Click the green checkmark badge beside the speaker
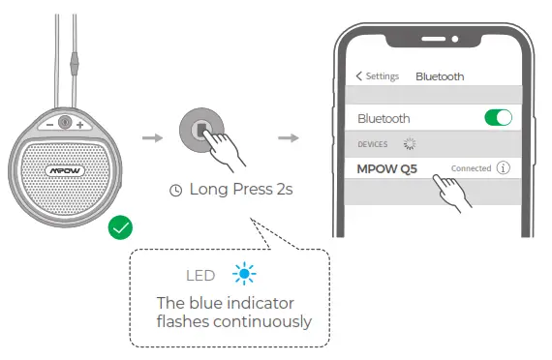click(x=121, y=229)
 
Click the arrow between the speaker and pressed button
click(x=153, y=137)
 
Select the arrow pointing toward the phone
click(x=288, y=137)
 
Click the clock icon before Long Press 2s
click(x=175, y=191)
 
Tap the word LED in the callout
click(x=200, y=276)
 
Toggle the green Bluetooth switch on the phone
click(x=498, y=118)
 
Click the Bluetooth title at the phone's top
click(x=440, y=76)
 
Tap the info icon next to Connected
click(x=503, y=167)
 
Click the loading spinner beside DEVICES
click(x=408, y=143)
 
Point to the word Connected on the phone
click(x=472, y=168)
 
